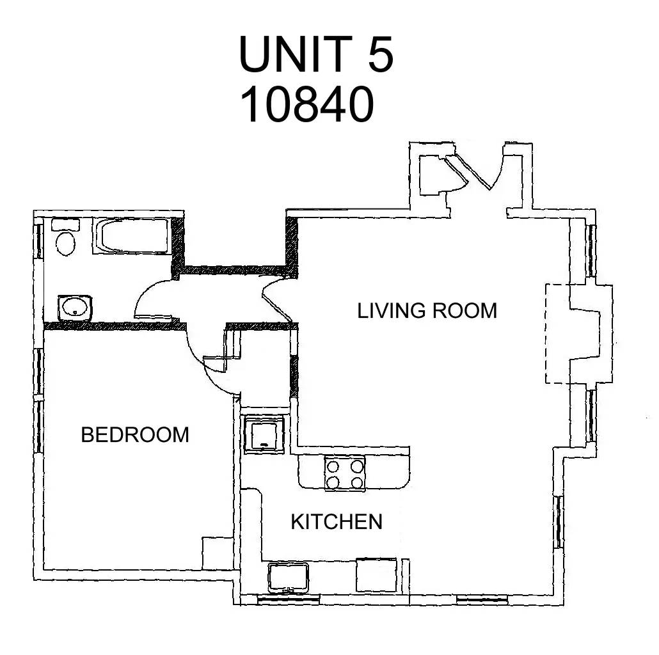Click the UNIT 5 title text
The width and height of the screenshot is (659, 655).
[x=316, y=54]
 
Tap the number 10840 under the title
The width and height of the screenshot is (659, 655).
[x=307, y=104]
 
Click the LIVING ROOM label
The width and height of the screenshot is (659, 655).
[x=427, y=311]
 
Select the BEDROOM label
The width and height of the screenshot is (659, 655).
[x=135, y=434]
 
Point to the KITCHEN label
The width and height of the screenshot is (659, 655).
[x=337, y=522]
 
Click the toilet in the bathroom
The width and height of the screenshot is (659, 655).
[x=65, y=237]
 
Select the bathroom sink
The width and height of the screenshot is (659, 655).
[x=74, y=308]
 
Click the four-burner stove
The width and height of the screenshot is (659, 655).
[x=345, y=474]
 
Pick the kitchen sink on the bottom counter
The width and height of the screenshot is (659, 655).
[x=289, y=578]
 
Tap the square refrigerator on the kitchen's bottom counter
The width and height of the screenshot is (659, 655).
[x=377, y=575]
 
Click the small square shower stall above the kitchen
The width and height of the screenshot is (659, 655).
[x=264, y=434]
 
